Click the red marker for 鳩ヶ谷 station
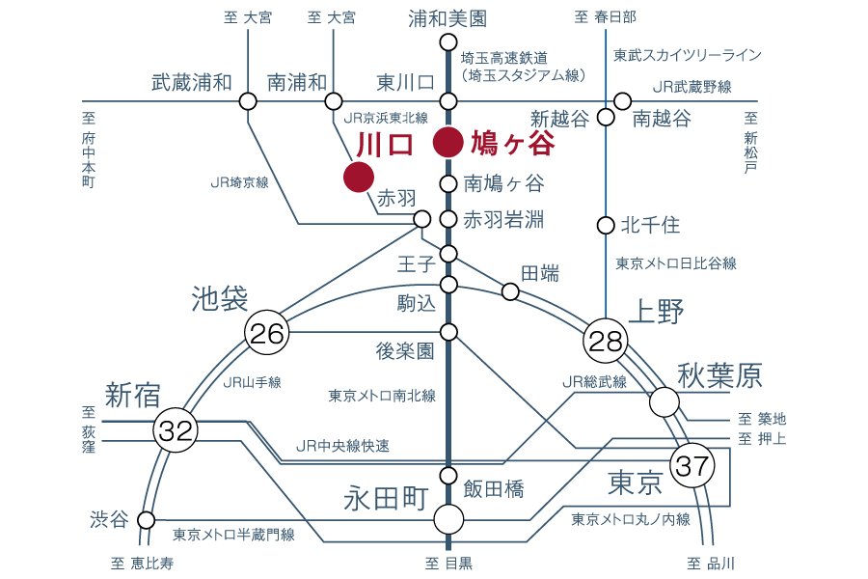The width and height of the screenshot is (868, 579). (x=448, y=143)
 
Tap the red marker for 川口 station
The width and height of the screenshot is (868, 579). (x=359, y=177)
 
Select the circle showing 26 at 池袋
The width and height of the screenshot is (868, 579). (x=267, y=332)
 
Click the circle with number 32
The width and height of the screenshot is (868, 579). (x=176, y=430)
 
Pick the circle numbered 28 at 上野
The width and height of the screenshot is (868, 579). (x=606, y=341)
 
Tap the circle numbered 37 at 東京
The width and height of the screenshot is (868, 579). (x=692, y=465)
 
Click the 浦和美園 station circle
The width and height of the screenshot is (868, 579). (x=448, y=42)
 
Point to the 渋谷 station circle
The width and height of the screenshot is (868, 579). (x=147, y=520)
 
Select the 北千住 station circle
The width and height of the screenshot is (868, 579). (x=607, y=226)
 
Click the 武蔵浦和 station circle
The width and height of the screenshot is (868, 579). (x=248, y=101)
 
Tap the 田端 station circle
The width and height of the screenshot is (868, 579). (x=510, y=291)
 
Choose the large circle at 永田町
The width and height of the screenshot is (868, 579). (x=448, y=520)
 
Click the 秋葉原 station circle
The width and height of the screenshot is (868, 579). (x=665, y=402)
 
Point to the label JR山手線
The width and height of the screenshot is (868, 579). (x=253, y=382)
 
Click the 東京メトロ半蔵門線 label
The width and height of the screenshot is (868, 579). (x=233, y=535)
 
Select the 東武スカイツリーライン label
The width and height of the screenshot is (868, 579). (x=688, y=55)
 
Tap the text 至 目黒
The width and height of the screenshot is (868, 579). (x=448, y=564)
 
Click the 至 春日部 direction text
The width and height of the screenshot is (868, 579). (x=605, y=17)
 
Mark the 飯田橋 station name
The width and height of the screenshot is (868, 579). (x=494, y=489)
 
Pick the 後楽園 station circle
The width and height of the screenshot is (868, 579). (x=448, y=332)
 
